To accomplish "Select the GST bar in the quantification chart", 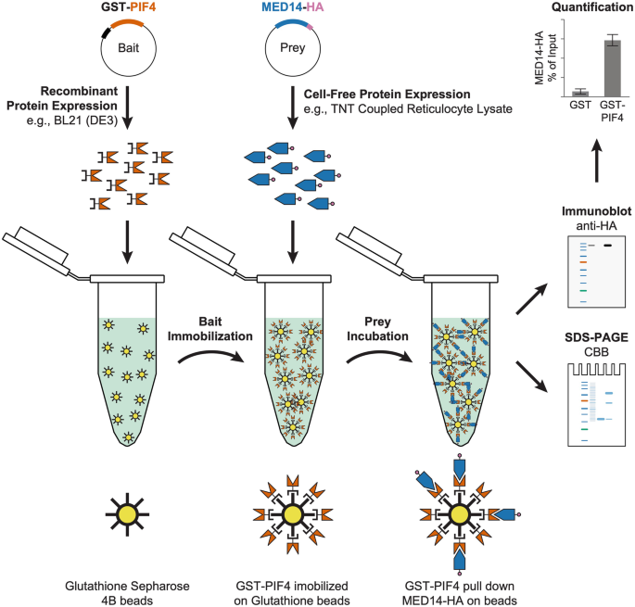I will click(x=579, y=93).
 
